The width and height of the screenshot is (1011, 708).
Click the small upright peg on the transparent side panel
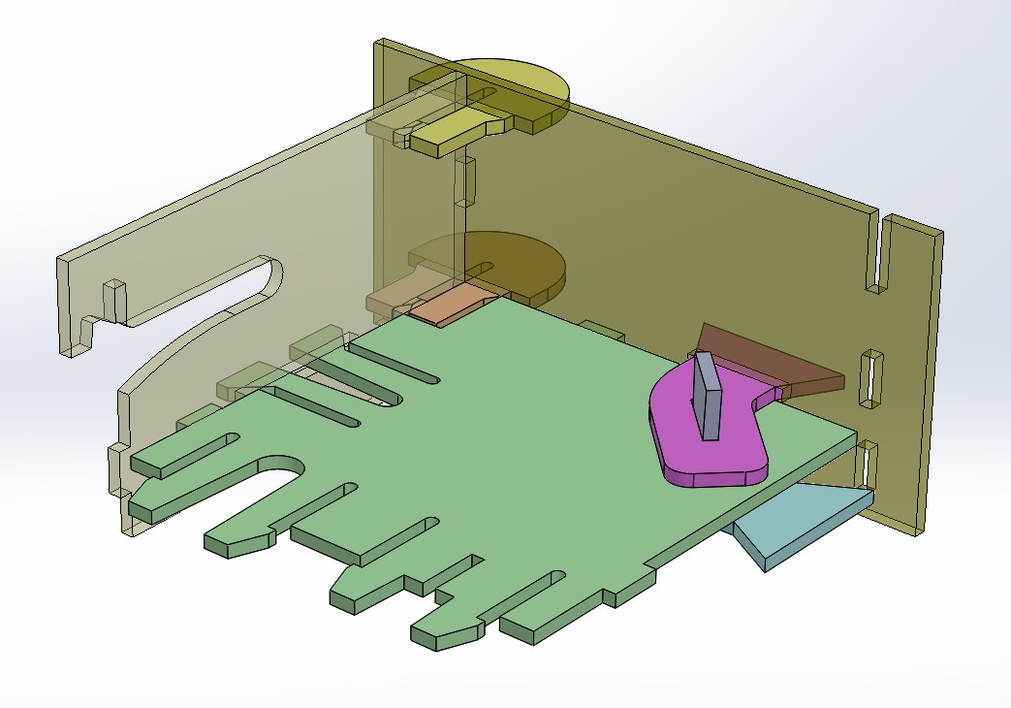click(114, 300)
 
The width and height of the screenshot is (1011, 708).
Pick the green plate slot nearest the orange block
click(397, 368)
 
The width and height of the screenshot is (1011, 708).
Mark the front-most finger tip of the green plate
click(446, 635)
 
